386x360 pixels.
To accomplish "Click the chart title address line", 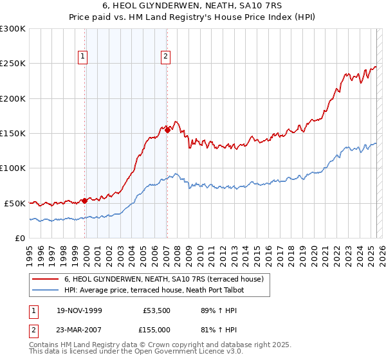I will click(192, 6).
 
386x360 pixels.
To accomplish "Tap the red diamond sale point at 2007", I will click(167, 130).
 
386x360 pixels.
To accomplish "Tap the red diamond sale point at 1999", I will click(85, 200).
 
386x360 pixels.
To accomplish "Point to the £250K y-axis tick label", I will click(12, 64).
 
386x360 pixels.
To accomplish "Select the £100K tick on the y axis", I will click(12, 168).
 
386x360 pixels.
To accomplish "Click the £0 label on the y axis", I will click(19, 238).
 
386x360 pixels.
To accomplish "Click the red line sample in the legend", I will click(45, 280).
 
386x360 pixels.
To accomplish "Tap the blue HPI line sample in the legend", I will click(45, 291).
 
